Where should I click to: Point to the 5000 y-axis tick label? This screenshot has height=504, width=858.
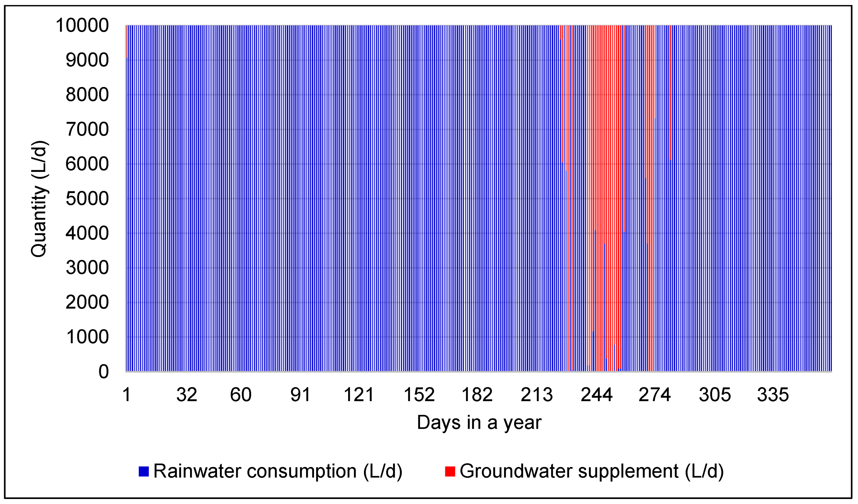click(x=87, y=199)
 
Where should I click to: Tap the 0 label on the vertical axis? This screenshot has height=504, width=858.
click(x=103, y=371)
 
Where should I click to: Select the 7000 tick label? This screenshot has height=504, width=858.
click(x=87, y=129)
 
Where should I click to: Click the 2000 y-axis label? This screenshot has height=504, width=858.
click(x=87, y=302)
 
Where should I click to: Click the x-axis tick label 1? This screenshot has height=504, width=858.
click(x=127, y=395)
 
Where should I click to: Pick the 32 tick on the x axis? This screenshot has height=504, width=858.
click(x=187, y=395)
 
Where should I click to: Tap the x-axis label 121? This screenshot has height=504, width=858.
click(x=359, y=395)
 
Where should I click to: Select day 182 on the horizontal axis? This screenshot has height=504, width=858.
click(x=477, y=395)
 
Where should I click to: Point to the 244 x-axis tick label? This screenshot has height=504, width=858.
click(x=597, y=395)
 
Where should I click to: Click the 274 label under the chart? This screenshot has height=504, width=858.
click(x=654, y=395)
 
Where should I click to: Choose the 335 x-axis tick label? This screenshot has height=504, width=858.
click(x=773, y=395)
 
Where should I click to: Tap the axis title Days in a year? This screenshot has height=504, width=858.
click(x=479, y=423)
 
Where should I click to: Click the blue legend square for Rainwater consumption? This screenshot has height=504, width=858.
click(x=144, y=471)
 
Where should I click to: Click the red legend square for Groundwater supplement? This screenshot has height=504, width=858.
click(x=450, y=471)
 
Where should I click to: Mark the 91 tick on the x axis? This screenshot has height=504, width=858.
click(x=300, y=395)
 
